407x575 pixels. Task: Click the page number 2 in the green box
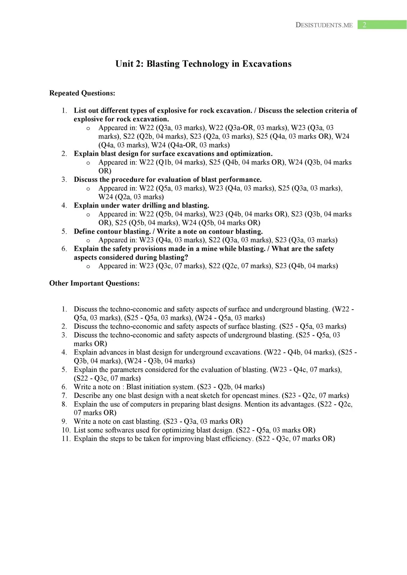(x=364, y=25)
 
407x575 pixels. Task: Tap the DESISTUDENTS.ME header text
(x=324, y=25)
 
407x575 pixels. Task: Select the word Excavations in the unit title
(x=267, y=64)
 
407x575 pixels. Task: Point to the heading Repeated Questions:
(x=82, y=93)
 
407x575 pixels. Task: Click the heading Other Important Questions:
(x=94, y=283)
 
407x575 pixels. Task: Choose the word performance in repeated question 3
(x=240, y=180)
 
